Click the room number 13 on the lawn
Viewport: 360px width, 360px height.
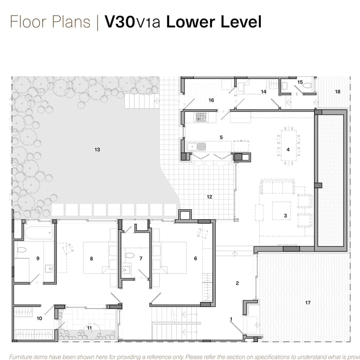click(x=97, y=150)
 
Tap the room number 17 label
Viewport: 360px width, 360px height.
click(x=308, y=303)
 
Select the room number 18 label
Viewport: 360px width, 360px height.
click(x=338, y=91)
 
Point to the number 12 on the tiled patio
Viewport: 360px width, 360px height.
click(x=209, y=197)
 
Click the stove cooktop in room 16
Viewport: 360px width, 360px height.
click(x=201, y=117)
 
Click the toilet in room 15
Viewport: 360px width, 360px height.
click(x=307, y=86)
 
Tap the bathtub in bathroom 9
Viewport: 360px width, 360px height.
click(x=39, y=233)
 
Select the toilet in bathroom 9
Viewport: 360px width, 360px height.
click(x=22, y=250)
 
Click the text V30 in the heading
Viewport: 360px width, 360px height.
click(x=120, y=22)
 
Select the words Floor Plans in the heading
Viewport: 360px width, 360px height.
click(x=50, y=22)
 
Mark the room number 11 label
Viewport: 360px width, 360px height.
click(x=89, y=327)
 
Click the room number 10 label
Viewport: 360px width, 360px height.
click(x=39, y=318)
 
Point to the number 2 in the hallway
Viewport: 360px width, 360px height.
click(x=237, y=283)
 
